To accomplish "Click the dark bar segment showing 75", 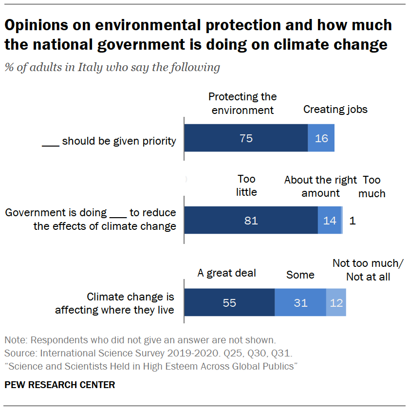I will click(x=246, y=138).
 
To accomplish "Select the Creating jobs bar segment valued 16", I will click(x=321, y=138).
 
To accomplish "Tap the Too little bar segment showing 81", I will click(x=251, y=221).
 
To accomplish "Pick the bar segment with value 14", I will click(x=330, y=221).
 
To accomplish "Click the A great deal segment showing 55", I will click(x=229, y=303).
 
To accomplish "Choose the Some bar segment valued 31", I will click(x=300, y=303).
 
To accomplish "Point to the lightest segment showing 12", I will click(x=336, y=303).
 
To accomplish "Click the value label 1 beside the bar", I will click(x=353, y=221).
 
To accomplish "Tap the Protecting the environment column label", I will click(x=242, y=103).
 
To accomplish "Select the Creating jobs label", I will click(x=335, y=110).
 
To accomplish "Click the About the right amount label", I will click(x=320, y=186).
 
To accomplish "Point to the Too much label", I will click(x=372, y=187).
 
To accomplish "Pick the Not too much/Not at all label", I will click(x=368, y=270).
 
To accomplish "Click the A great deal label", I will click(x=226, y=273).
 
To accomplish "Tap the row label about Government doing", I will click(x=91, y=220).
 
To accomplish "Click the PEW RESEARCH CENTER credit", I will click(x=59, y=385).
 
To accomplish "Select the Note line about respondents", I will click(x=140, y=339).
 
